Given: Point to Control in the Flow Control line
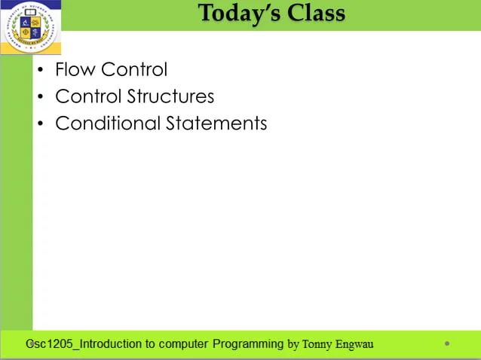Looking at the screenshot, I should point(133,70).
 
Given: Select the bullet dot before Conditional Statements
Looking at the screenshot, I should point(41,124).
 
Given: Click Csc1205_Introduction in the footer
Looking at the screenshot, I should point(84,344).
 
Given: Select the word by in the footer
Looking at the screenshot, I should point(293,345).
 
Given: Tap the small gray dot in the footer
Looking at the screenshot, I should point(447,343).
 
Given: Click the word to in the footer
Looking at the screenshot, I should point(151,344).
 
